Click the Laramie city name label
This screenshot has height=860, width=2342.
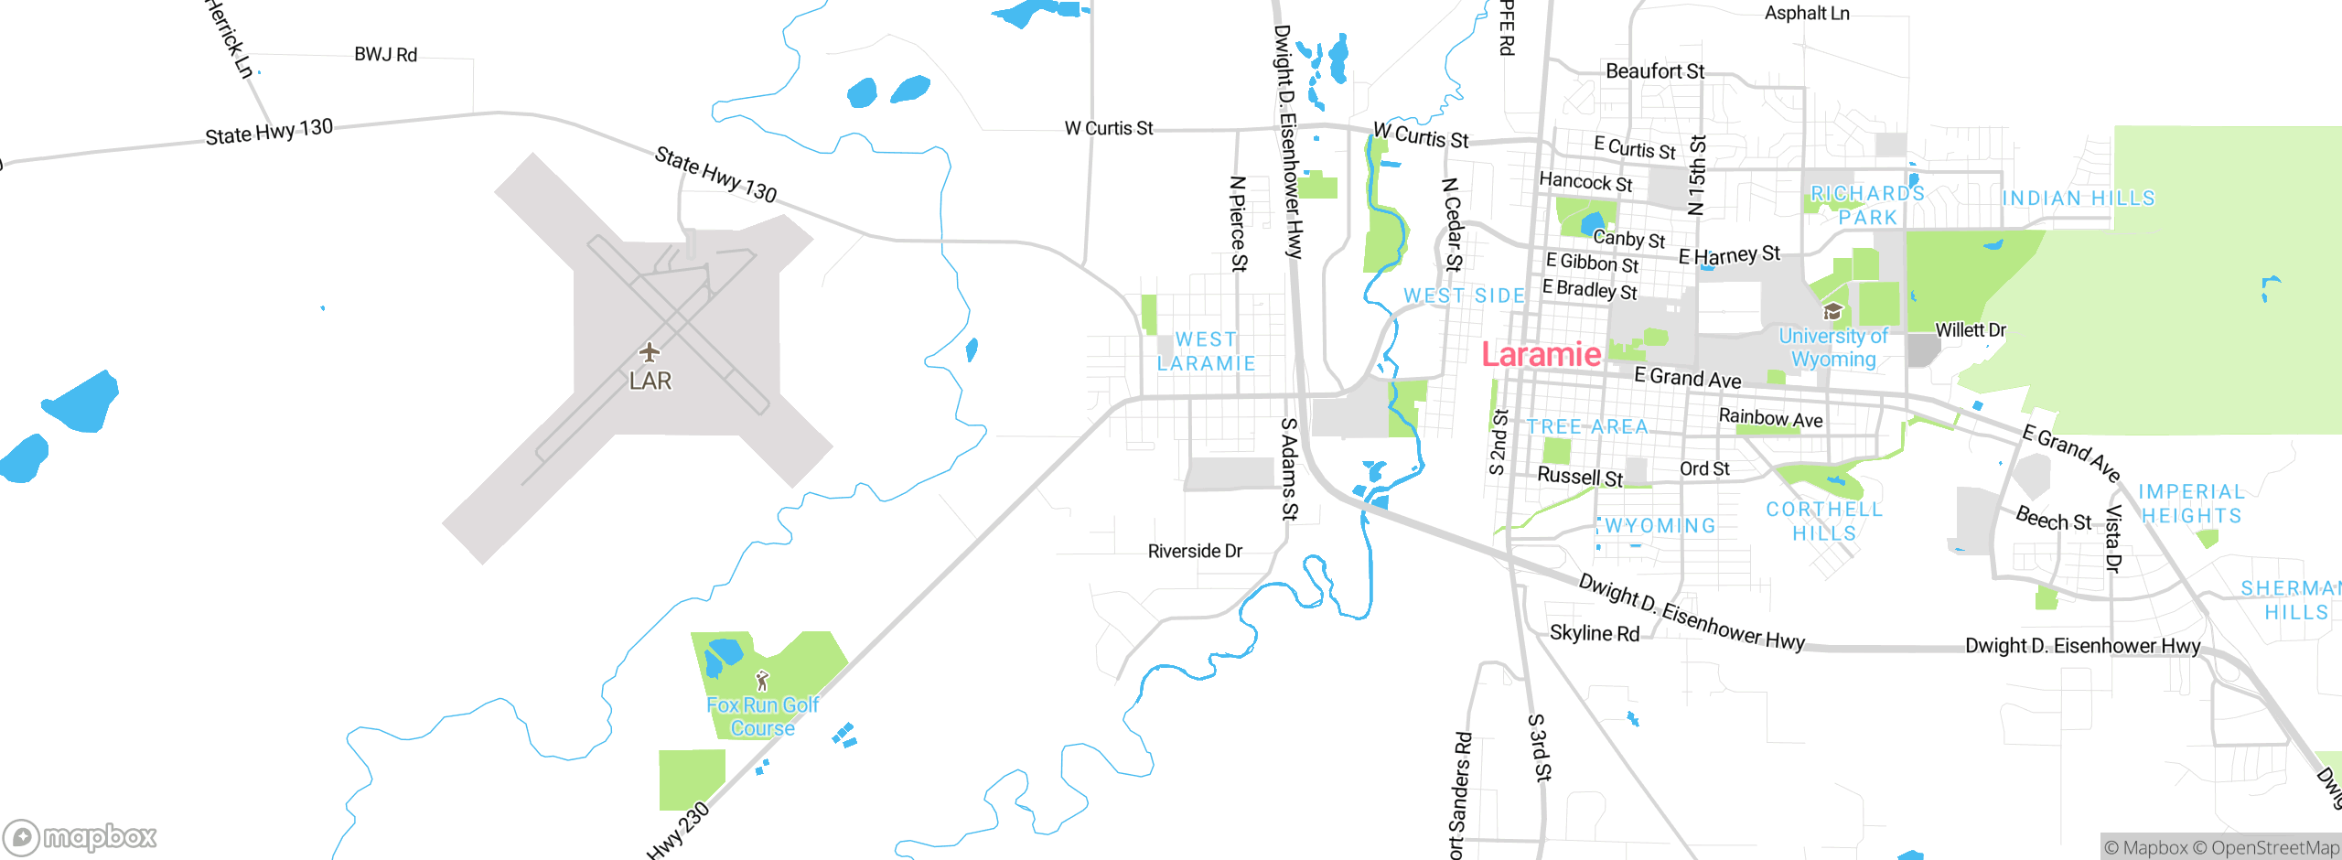click(x=1541, y=355)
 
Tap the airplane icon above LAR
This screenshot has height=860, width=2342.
click(x=650, y=352)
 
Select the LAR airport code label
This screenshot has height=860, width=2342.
click(x=650, y=381)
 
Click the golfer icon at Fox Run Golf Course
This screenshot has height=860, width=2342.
click(x=762, y=681)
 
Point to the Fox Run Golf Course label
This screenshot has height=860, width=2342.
click(x=762, y=716)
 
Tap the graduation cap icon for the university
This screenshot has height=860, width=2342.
click(x=1832, y=312)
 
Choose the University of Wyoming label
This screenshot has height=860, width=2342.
click(x=1833, y=348)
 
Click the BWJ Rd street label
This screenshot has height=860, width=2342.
click(x=385, y=55)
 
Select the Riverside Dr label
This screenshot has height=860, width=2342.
click(x=1195, y=551)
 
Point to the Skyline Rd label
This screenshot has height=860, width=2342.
click(x=1595, y=633)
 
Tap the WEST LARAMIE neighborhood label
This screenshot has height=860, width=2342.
click(x=1206, y=351)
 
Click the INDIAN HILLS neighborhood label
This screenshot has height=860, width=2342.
click(x=2079, y=199)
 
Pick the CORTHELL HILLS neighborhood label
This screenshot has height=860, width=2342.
click(x=1824, y=521)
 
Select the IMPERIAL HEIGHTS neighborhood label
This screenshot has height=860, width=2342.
click(x=2191, y=504)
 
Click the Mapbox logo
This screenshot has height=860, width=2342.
click(x=81, y=836)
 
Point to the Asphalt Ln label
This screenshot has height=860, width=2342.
click(x=1807, y=14)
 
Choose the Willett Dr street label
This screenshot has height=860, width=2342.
click(x=1971, y=330)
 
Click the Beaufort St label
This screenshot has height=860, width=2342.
click(x=1655, y=71)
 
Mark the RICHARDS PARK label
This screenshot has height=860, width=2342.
click(x=1867, y=206)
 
